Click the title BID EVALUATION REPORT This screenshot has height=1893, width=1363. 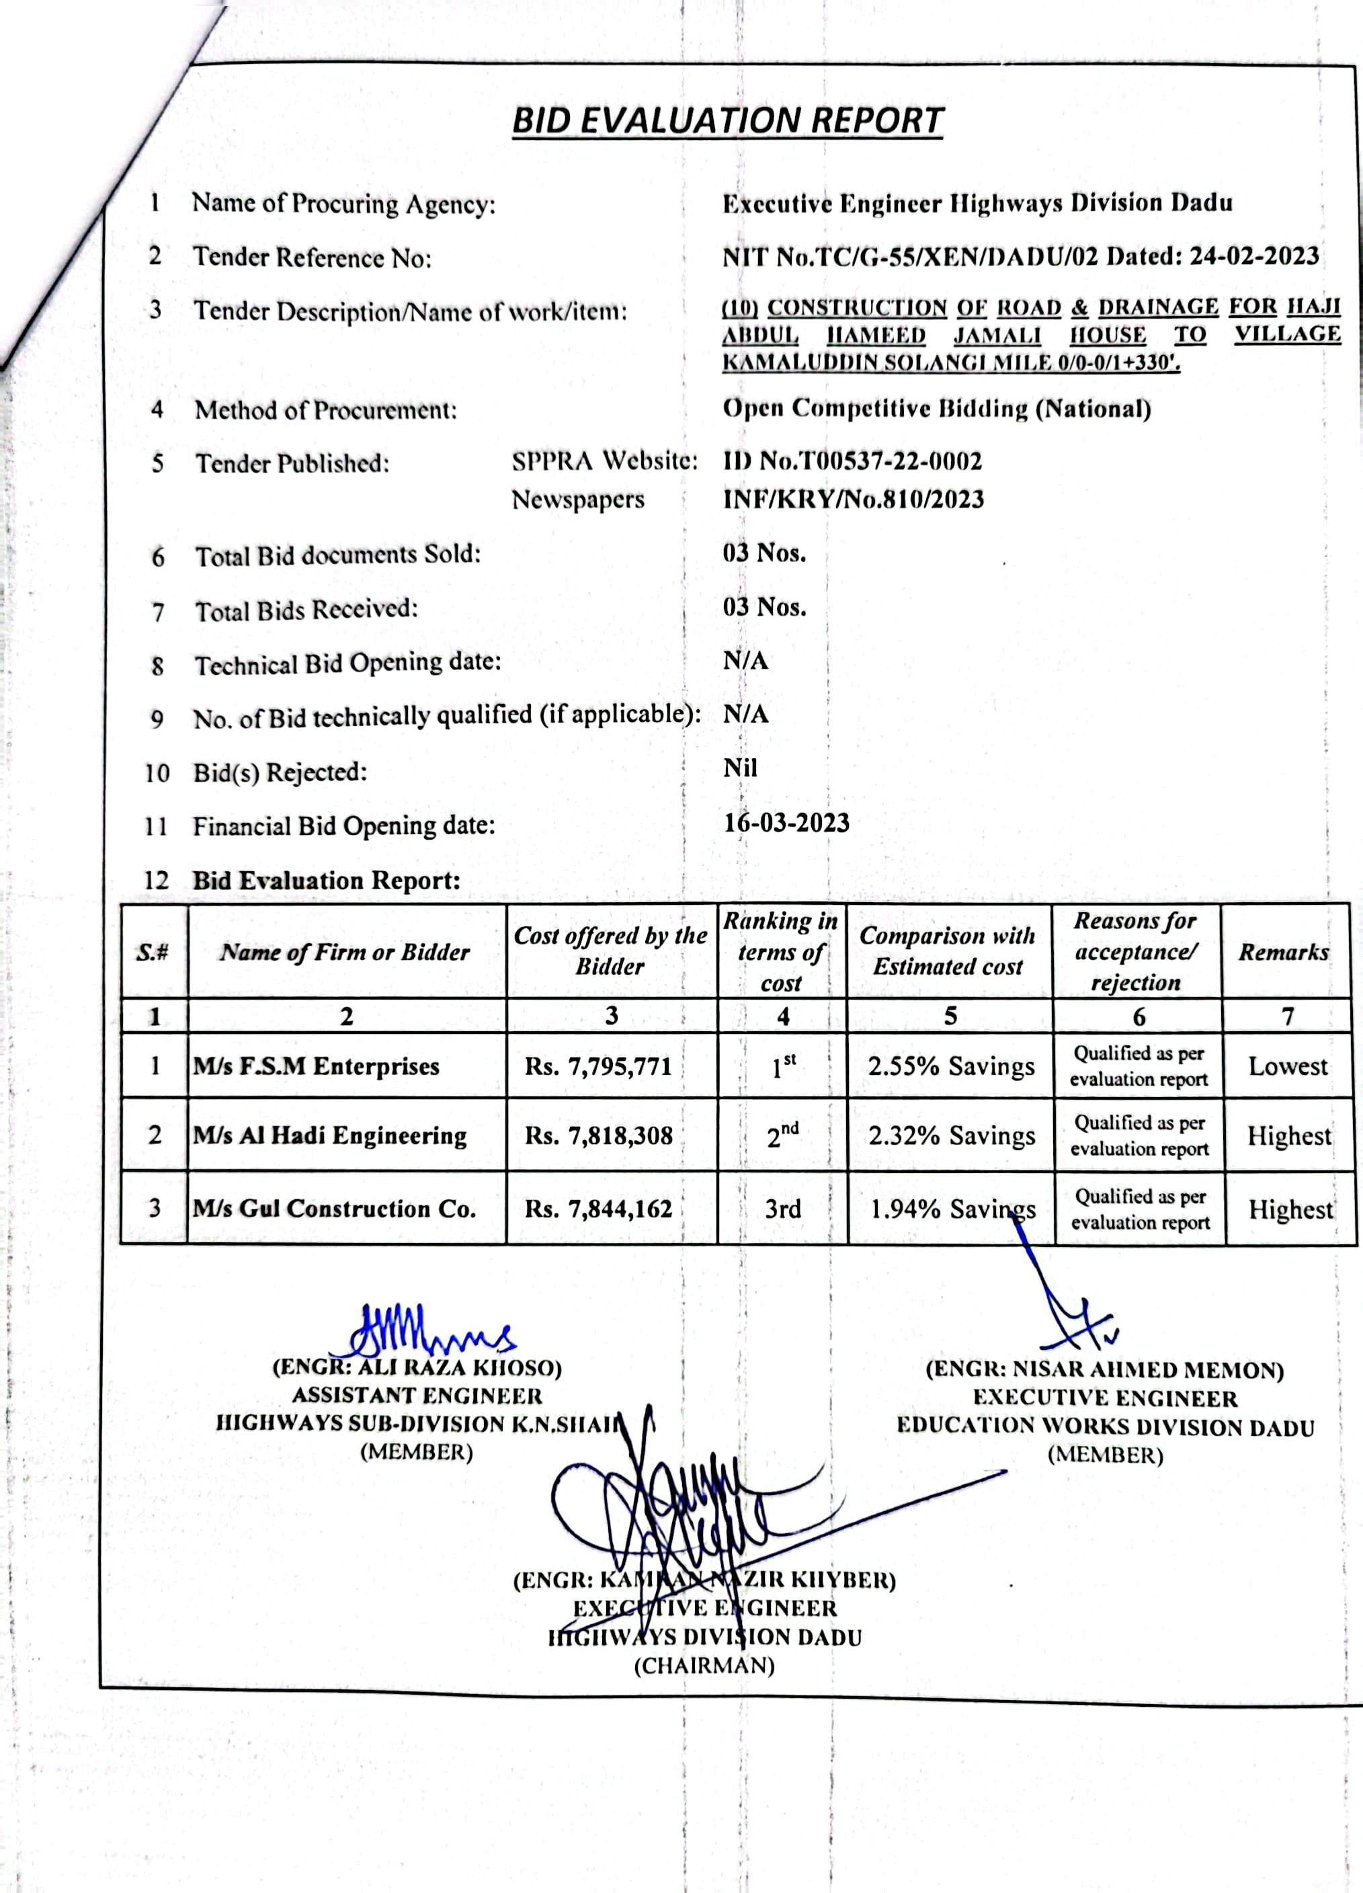click(x=727, y=121)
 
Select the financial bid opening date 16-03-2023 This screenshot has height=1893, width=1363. click(x=786, y=823)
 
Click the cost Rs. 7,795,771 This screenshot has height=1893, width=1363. click(x=598, y=1067)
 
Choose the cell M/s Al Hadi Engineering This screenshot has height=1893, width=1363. click(x=330, y=1135)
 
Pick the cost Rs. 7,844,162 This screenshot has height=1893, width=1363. click(x=598, y=1209)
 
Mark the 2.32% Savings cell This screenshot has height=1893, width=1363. click(x=952, y=1136)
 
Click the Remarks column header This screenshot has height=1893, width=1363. click(x=1284, y=953)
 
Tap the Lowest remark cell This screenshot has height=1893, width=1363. click(x=1288, y=1067)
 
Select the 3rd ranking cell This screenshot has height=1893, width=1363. click(x=783, y=1209)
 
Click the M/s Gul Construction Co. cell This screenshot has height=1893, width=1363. click(x=334, y=1209)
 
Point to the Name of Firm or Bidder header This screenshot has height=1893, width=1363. click(x=345, y=953)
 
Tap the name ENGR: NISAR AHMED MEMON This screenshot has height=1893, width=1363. click(x=1104, y=1371)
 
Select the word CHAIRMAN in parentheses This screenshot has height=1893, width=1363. click(x=704, y=1666)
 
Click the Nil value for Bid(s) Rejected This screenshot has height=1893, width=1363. click(x=741, y=768)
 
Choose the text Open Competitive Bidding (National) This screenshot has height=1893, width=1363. click(x=936, y=409)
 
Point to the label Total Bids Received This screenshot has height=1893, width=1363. click(x=306, y=610)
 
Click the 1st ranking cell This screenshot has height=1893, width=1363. click(x=783, y=1066)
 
